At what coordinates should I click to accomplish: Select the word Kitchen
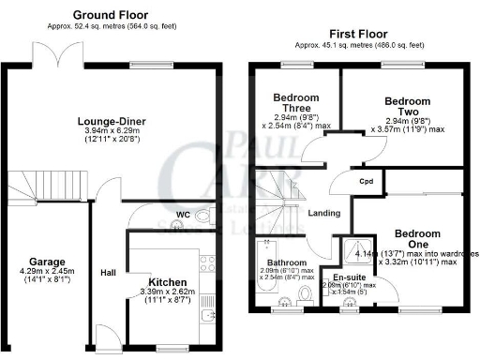(x=168, y=281)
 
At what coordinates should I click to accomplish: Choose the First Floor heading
(x=359, y=33)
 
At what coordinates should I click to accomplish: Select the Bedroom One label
(x=418, y=238)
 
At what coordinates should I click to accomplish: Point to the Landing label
(x=324, y=214)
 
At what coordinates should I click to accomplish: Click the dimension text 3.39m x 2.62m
(x=172, y=292)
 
